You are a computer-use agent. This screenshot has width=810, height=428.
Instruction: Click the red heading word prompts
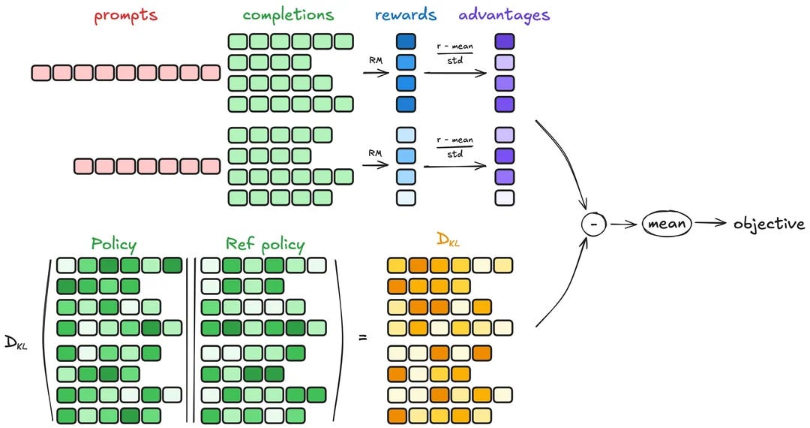(125, 16)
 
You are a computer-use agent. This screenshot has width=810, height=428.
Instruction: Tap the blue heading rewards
(405, 15)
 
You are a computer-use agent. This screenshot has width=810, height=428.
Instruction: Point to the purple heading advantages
(503, 15)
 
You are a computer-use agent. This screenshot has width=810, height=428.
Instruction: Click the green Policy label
(114, 244)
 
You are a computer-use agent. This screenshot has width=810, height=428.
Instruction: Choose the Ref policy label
(265, 244)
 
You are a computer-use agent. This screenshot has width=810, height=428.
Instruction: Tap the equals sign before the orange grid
(363, 337)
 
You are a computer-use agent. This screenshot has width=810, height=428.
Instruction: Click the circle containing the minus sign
(592, 224)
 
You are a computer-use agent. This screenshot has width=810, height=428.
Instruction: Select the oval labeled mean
(666, 224)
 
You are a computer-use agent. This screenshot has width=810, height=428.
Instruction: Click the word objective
(769, 224)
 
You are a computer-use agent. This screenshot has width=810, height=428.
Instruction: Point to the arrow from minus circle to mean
(622, 224)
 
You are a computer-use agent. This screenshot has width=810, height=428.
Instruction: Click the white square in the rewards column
(405, 197)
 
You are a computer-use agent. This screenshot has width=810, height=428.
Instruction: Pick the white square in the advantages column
(505, 197)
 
